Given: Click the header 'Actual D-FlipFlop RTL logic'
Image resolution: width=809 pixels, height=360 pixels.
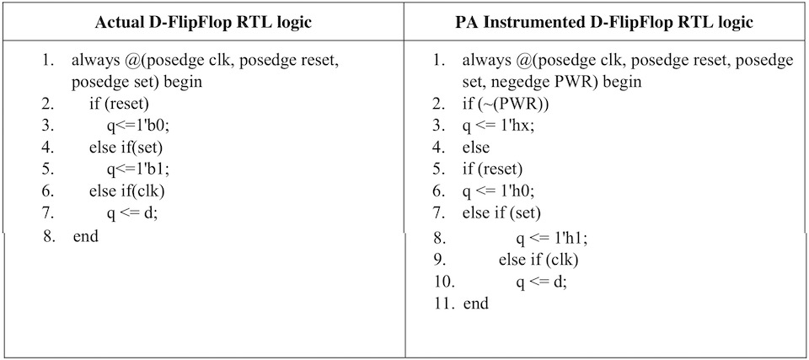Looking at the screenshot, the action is (x=203, y=23).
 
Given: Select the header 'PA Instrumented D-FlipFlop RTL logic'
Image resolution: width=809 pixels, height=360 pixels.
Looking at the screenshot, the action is (x=606, y=23).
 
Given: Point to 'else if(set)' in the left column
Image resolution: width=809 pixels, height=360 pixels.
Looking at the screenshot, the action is (x=126, y=148).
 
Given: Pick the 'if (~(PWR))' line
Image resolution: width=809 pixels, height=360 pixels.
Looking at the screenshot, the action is (x=506, y=104).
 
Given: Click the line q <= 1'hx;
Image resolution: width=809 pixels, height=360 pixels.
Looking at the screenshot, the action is (x=498, y=126).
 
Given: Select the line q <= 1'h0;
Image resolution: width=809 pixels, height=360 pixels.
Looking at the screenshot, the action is (x=498, y=191).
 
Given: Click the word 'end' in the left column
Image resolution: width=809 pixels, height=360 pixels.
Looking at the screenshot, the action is (x=86, y=237).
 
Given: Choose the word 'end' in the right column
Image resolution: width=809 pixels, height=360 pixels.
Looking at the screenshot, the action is (x=475, y=304).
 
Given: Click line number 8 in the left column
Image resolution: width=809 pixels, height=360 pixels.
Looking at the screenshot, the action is (x=50, y=237).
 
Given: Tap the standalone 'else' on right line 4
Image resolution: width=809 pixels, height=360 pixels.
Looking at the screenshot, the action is (x=475, y=148).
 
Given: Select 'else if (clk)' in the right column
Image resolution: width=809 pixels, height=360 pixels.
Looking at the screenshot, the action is (x=538, y=261).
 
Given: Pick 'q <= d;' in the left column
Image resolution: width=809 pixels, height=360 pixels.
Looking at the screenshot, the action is (x=132, y=213).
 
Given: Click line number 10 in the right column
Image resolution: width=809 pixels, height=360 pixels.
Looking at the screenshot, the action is (x=445, y=282).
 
